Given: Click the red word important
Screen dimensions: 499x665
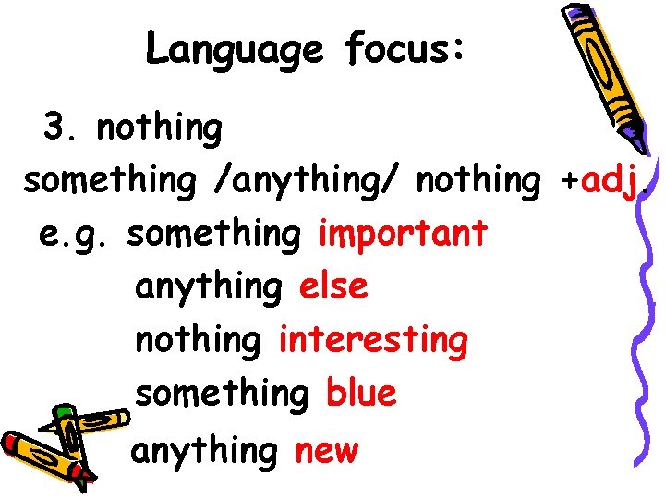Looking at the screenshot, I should click(x=403, y=234).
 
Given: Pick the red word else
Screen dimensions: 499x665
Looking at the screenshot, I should click(x=332, y=286).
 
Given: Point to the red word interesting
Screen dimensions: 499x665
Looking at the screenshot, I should click(x=373, y=341).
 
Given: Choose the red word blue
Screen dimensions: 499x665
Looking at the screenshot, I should click(x=361, y=394).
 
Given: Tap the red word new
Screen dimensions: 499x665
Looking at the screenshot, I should click(x=326, y=452).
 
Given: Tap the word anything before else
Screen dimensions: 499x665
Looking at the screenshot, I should click(x=209, y=288).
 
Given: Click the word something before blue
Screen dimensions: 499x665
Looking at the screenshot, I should click(x=222, y=394).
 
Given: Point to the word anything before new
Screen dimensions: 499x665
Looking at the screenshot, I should click(x=204, y=452).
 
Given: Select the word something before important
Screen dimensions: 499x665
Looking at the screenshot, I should click(x=214, y=234).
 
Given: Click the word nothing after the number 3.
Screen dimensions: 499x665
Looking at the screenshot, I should click(x=160, y=128).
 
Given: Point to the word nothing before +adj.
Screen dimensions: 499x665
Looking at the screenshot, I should click(x=478, y=181).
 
